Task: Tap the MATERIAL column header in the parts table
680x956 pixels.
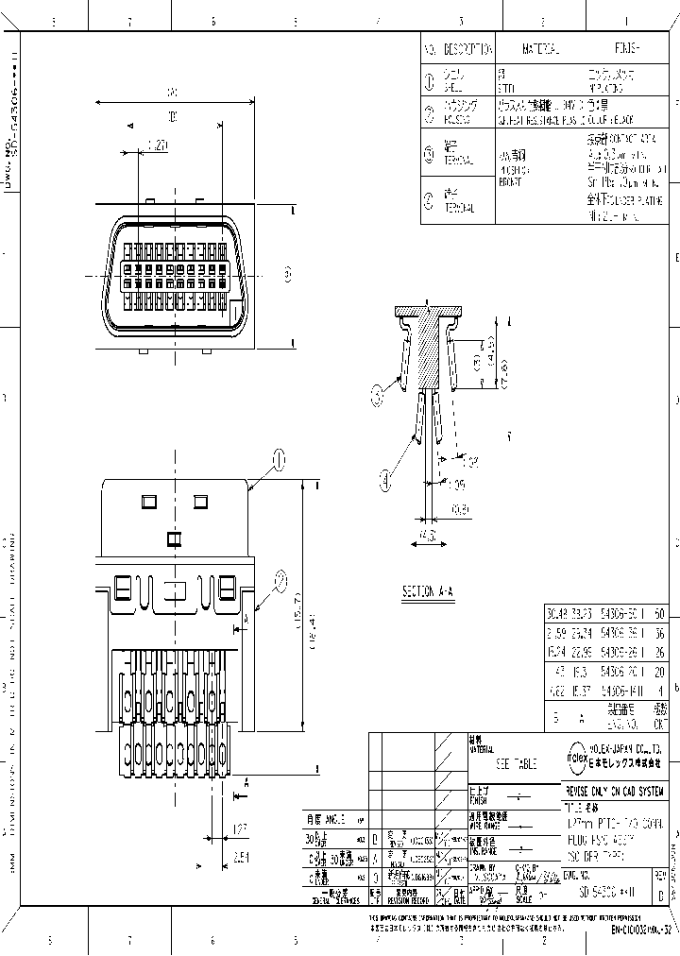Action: coord(541,48)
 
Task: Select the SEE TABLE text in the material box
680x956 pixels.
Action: coord(515,763)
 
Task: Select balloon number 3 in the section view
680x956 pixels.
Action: coord(380,390)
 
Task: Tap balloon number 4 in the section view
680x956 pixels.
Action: coord(385,482)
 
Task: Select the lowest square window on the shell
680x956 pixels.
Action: coord(173,539)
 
